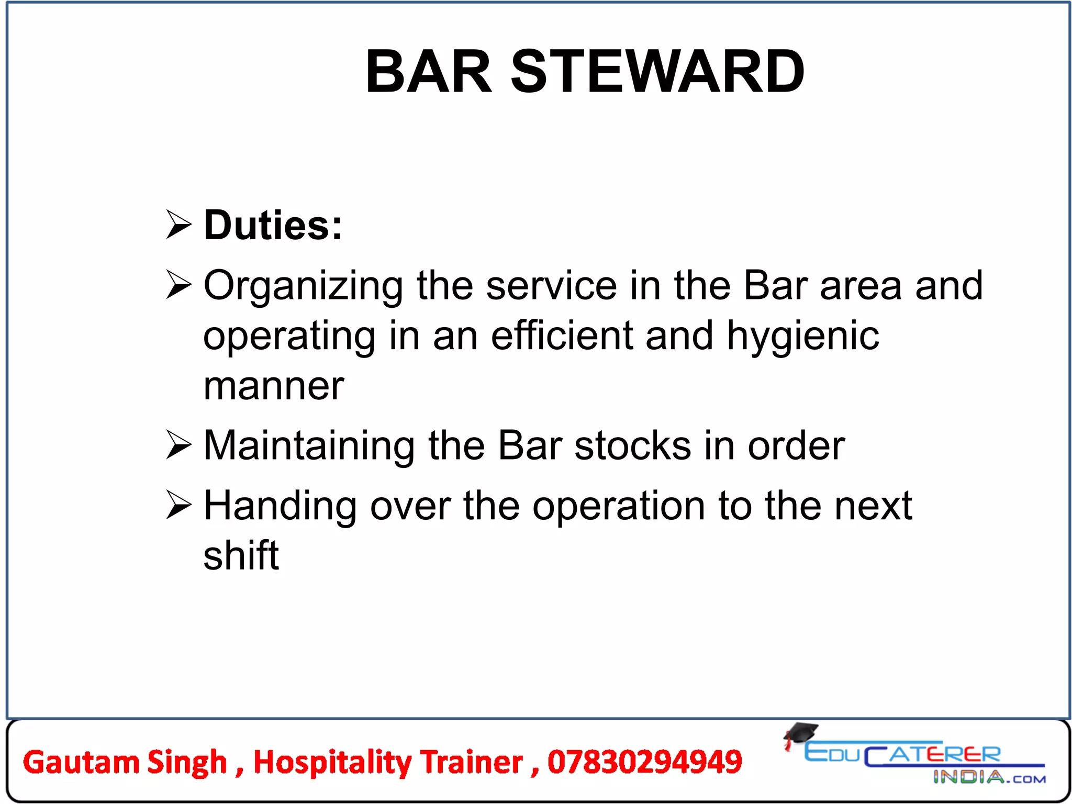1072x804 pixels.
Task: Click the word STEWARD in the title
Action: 657,72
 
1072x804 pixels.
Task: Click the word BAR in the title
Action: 429,72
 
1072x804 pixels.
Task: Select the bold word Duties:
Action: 273,225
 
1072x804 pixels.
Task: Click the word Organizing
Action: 303,287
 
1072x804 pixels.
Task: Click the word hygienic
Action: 803,337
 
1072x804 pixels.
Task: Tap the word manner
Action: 274,386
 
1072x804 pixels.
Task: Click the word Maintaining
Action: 309,446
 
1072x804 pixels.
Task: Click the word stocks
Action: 632,446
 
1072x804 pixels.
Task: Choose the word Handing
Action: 280,507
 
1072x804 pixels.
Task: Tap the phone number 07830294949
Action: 644,762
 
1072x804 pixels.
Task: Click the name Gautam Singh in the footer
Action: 125,762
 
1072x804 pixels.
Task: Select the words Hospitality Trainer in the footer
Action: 388,762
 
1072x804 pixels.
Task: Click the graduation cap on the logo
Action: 800,733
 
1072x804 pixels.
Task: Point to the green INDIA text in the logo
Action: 968,777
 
